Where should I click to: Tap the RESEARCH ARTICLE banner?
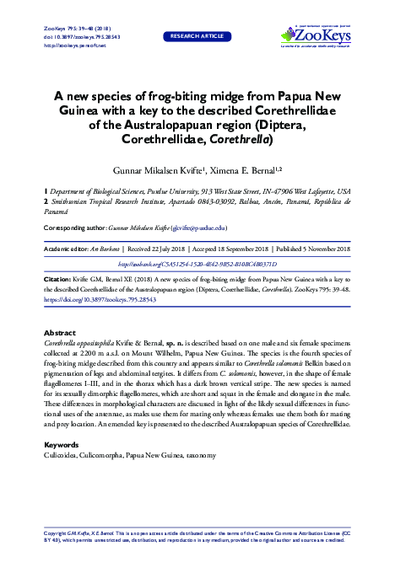[x=198, y=37]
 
